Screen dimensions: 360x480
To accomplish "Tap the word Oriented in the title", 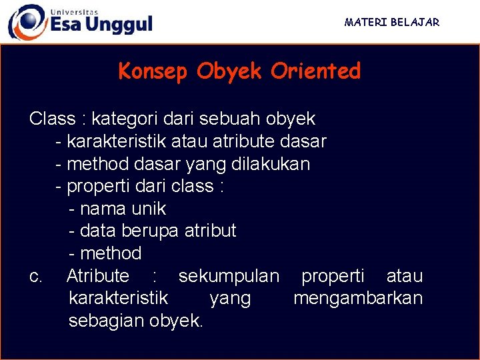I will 315,71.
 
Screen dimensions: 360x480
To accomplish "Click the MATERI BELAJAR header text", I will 392,22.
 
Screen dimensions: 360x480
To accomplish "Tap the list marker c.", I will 36,276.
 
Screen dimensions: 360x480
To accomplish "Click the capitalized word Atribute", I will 98,276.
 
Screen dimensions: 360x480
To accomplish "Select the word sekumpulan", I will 229,276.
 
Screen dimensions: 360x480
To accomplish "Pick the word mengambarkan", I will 358,298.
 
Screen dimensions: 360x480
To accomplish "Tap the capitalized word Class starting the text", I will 52,119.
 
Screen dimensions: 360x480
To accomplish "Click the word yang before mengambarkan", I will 230,299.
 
